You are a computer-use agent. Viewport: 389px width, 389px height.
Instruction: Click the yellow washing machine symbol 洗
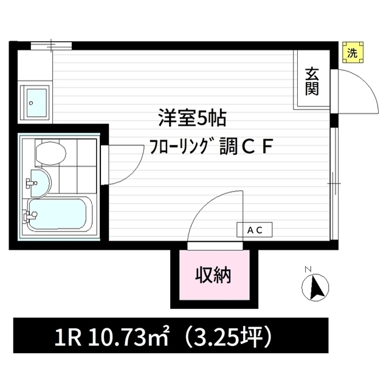(353, 52)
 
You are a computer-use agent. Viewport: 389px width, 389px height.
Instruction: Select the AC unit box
(255, 230)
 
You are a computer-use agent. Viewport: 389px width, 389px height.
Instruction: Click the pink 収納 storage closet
(215, 275)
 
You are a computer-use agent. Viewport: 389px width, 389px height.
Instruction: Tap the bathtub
(57, 215)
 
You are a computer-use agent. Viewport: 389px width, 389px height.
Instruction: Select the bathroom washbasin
(40, 183)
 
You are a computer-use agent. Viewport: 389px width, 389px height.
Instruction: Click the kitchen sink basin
(36, 103)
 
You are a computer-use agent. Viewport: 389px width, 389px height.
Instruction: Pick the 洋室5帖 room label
(192, 119)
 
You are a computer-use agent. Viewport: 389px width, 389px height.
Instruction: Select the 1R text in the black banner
(67, 338)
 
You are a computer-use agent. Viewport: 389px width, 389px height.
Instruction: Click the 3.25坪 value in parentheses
(229, 338)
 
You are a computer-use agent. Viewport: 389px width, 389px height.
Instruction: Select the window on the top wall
(51, 46)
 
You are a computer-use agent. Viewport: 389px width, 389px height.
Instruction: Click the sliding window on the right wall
(335, 184)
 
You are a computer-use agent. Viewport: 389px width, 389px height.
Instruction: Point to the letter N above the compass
(308, 269)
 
